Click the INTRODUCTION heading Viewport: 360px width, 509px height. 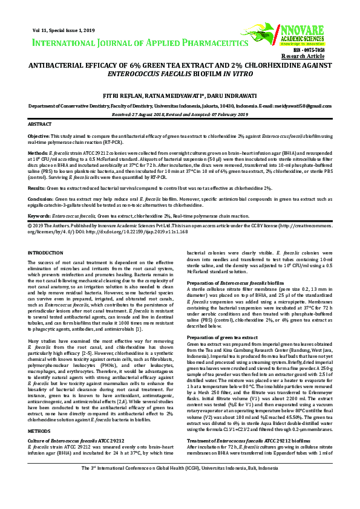point(46,252)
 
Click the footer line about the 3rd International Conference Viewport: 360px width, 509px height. point(180,485)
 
